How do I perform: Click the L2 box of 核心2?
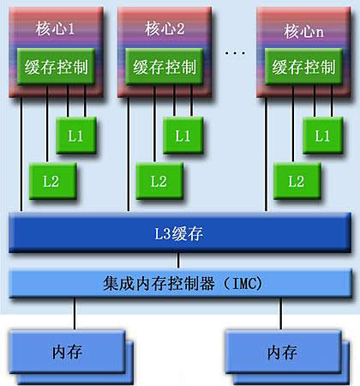pyautogui.click(x=158, y=180)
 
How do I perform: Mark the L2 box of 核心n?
pyautogui.click(x=297, y=180)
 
